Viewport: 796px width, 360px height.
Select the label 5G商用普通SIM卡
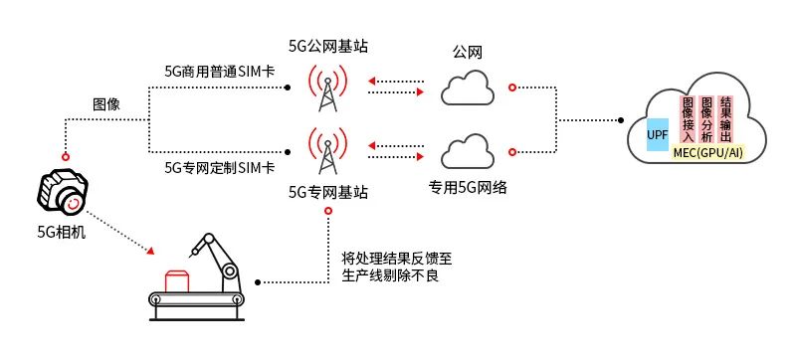point(220,72)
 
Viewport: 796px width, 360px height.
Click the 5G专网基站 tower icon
point(327,151)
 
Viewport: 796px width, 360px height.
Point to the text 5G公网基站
point(327,46)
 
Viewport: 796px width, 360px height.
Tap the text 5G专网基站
point(327,192)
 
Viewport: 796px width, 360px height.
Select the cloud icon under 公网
point(468,90)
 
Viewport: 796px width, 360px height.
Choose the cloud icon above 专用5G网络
point(468,151)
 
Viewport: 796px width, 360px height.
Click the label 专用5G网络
point(468,186)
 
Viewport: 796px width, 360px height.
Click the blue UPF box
point(658,133)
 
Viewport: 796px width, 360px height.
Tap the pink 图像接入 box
point(687,119)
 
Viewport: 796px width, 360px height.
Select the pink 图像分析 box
point(706,119)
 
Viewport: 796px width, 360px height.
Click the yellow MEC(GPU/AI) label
point(707,152)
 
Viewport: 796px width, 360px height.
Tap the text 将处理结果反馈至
point(390,257)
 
